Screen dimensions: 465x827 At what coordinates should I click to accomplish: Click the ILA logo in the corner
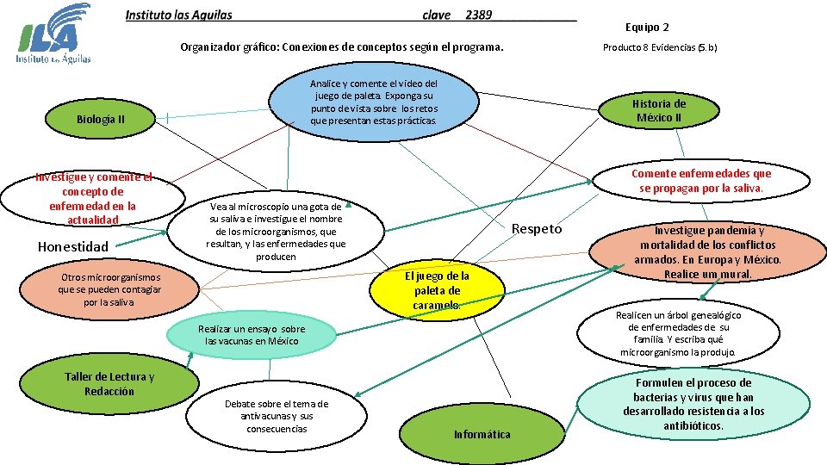tap(53, 34)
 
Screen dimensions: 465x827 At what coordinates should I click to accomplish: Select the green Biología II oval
tap(101, 119)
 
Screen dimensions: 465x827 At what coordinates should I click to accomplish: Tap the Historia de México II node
tap(659, 110)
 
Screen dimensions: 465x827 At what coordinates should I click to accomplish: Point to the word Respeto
tap(536, 229)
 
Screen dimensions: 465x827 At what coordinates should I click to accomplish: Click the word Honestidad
tap(73, 247)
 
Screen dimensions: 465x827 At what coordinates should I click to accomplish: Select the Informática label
tap(482, 434)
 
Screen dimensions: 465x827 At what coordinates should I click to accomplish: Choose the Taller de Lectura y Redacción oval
tap(109, 384)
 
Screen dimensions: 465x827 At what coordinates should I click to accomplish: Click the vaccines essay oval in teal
tap(252, 334)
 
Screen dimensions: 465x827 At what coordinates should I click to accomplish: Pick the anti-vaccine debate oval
tap(276, 416)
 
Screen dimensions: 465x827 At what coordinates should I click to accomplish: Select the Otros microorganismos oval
tap(109, 289)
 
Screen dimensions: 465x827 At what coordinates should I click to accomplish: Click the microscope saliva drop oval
tap(276, 232)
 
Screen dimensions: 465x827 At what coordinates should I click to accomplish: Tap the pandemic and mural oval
tap(708, 252)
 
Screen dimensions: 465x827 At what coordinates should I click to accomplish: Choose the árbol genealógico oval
tap(678, 333)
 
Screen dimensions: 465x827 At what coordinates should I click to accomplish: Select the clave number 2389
tap(478, 15)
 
